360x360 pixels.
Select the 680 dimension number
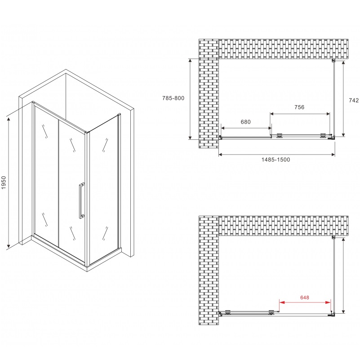pos(245,122)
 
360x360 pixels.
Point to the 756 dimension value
pos(299,107)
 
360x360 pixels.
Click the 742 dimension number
pos(354,101)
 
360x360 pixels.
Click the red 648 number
pos(306,297)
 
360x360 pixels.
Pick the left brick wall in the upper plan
pos(208,94)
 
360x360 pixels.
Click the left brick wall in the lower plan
pos(208,270)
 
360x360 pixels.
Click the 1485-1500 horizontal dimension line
pos(276,155)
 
